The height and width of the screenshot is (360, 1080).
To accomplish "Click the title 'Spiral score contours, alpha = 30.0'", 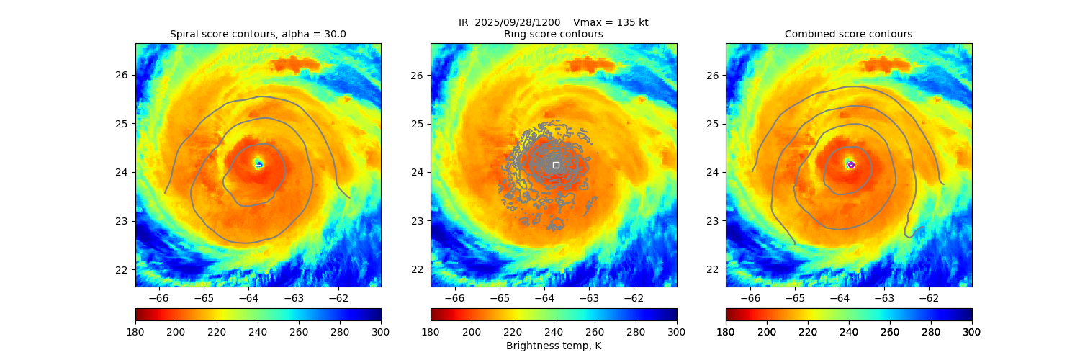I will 258,34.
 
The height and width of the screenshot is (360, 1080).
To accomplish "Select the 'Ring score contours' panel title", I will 553,34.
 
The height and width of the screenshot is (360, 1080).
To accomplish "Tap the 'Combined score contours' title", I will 848,34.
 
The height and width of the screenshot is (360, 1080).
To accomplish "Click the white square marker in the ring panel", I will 556,165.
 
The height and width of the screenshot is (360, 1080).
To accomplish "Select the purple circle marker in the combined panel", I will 851,165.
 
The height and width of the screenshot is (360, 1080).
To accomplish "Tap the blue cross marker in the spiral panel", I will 258,165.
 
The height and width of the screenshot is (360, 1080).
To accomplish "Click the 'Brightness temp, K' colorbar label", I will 553,346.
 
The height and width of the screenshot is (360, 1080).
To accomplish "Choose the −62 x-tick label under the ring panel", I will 633,297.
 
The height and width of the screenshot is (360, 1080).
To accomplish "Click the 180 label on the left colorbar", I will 135,331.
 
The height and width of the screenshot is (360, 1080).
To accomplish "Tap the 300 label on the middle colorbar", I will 676,331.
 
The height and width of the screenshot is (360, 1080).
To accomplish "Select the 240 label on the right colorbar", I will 848,331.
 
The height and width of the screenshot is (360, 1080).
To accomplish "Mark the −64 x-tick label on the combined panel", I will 839,297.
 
